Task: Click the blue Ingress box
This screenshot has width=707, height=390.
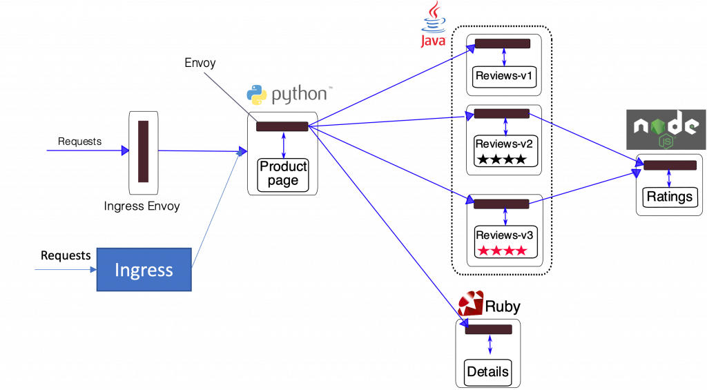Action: point(144,269)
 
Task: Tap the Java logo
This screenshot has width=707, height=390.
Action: point(434,26)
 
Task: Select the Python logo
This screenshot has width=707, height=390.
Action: point(258,95)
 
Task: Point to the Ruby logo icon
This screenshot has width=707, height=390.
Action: point(471,304)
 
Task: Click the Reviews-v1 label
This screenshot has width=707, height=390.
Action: point(504,75)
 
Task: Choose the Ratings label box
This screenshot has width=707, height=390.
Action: point(669,197)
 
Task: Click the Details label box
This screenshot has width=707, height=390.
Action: point(488,371)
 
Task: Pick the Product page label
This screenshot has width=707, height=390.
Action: point(283,174)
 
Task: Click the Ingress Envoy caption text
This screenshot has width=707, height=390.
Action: point(142,206)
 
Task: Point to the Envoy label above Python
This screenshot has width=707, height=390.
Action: point(200,63)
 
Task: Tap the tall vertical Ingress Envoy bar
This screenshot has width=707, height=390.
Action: point(144,151)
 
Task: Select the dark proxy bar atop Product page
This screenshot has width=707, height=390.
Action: point(282,126)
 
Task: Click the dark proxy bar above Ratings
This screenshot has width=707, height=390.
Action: point(669,166)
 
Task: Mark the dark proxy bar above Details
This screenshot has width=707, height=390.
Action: point(488,330)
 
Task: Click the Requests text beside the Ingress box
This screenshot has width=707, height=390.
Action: point(66,255)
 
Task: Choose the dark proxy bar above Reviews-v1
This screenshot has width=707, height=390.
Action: point(502,43)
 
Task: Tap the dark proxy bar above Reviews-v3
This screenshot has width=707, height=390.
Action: point(501,204)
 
